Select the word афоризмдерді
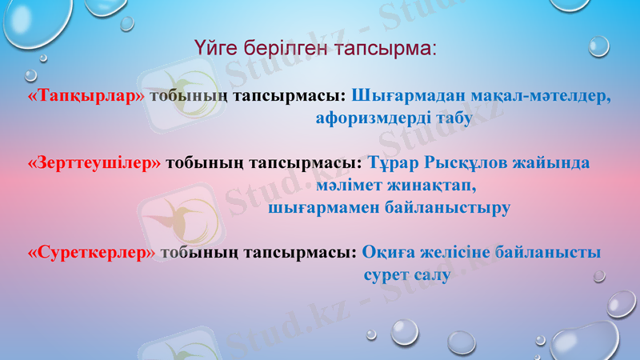point(373,118)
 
